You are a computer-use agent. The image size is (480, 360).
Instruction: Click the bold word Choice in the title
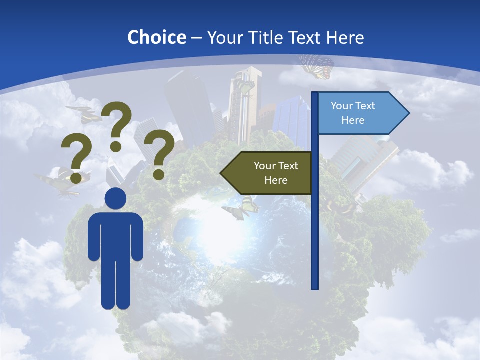156,37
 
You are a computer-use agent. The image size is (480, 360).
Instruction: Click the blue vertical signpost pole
315,225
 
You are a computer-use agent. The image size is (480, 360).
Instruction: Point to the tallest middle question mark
117,120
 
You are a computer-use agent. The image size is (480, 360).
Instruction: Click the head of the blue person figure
115,199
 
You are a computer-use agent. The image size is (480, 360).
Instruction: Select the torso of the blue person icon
115,235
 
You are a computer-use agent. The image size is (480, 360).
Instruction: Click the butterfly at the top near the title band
317,66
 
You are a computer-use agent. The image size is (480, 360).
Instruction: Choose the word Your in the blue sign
342,106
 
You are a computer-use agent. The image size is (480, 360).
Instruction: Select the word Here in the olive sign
276,180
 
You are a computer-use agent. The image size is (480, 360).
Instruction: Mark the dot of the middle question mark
116,146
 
